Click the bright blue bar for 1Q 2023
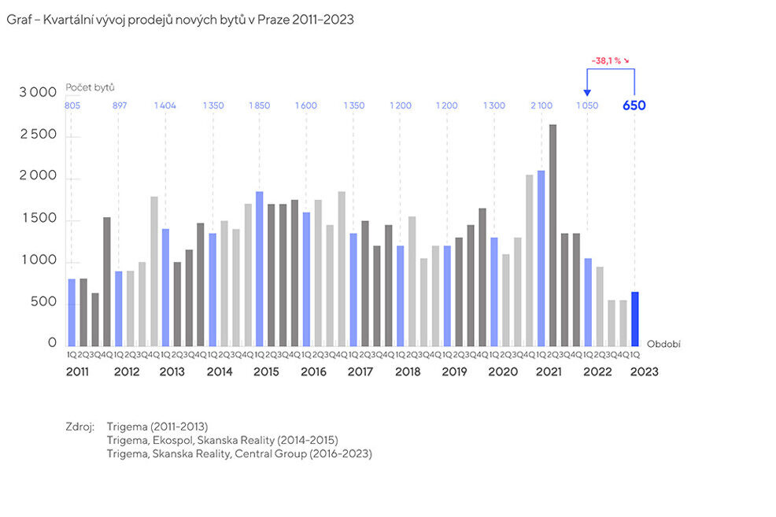[634, 319]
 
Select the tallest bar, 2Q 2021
[552, 235]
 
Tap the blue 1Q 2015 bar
[259, 268]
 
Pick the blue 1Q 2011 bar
[72, 312]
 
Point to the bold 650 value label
[634, 105]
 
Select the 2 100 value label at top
[541, 105]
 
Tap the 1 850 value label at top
[260, 105]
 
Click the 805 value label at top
[72, 105]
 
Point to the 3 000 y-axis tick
[38, 93]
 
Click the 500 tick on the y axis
[44, 302]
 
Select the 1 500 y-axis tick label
[38, 218]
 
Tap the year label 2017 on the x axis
[360, 371]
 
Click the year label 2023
[644, 371]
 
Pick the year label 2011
[78, 371]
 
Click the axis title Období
[663, 345]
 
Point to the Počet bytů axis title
[84, 87]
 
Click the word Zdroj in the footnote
[79, 427]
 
